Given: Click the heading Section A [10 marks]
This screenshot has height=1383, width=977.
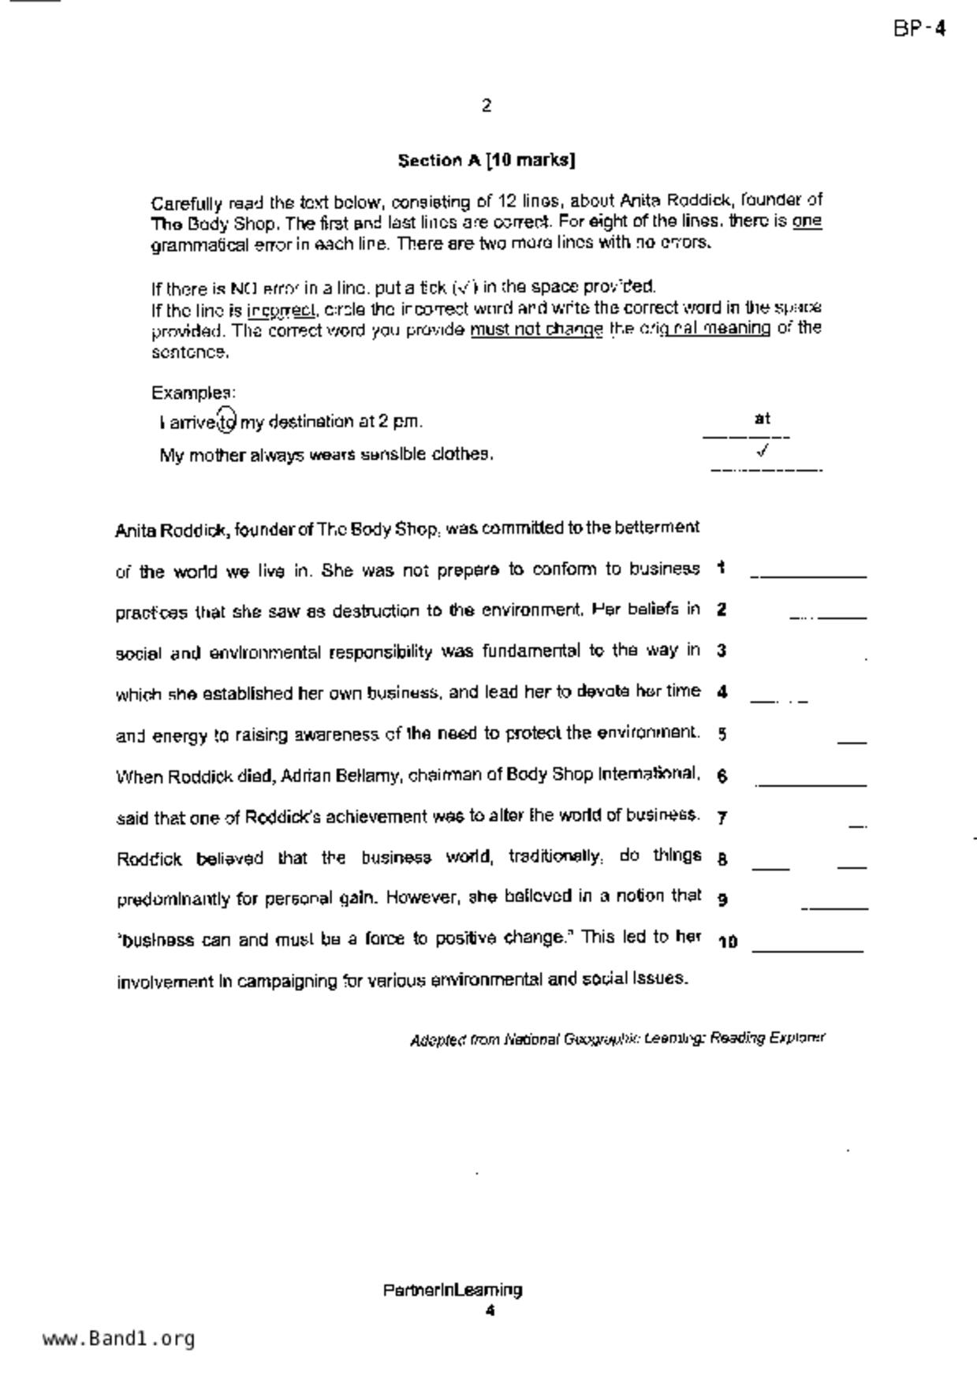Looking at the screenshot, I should pyautogui.click(x=486, y=161).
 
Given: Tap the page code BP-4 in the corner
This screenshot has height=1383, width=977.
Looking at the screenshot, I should pyautogui.click(x=919, y=29).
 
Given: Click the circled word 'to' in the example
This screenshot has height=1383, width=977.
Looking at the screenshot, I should pyautogui.click(x=226, y=422).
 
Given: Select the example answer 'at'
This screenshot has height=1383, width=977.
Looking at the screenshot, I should pyautogui.click(x=762, y=419).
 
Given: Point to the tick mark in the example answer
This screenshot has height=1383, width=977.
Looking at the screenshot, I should pyautogui.click(x=762, y=451).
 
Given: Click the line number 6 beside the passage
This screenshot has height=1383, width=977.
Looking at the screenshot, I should pyautogui.click(x=722, y=776).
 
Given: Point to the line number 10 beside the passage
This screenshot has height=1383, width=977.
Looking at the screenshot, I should pyautogui.click(x=727, y=941).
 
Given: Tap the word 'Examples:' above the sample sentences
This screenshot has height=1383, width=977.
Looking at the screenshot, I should pyautogui.click(x=193, y=393).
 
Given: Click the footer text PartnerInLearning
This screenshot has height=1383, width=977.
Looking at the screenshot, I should pyautogui.click(x=453, y=1291).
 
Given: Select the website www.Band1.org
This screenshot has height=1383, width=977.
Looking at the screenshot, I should pyautogui.click(x=118, y=1339).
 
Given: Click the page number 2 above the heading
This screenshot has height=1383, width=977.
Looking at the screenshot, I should pyautogui.click(x=487, y=106).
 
